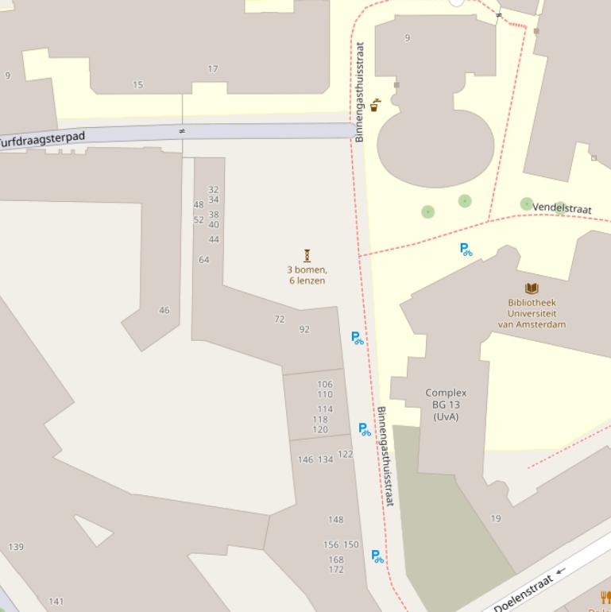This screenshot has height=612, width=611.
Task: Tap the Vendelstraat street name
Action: (x=562, y=208)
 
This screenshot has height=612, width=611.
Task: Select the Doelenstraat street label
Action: (x=523, y=593)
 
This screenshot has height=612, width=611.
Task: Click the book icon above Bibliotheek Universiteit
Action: (x=532, y=289)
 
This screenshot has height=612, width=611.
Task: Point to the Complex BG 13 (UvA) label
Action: (x=446, y=405)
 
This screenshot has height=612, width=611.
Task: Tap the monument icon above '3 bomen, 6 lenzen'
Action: (x=307, y=255)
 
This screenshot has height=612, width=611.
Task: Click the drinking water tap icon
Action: (x=375, y=105)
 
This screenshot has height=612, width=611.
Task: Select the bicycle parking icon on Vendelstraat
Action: (x=466, y=250)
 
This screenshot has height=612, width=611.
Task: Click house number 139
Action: (x=16, y=547)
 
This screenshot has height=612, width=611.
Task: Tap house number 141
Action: (x=56, y=601)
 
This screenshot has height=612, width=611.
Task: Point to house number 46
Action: (x=164, y=310)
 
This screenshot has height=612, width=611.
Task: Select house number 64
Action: (x=204, y=260)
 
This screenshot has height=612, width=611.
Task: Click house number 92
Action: (x=304, y=329)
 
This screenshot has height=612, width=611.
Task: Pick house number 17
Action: (x=213, y=69)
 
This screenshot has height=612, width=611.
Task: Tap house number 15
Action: (x=138, y=84)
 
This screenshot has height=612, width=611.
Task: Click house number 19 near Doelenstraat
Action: (x=496, y=518)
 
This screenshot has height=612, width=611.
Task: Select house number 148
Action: (x=336, y=520)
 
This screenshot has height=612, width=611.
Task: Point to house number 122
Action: (x=345, y=455)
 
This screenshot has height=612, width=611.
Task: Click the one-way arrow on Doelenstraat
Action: (x=561, y=571)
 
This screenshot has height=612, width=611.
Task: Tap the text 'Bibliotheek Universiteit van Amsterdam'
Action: (x=532, y=313)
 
